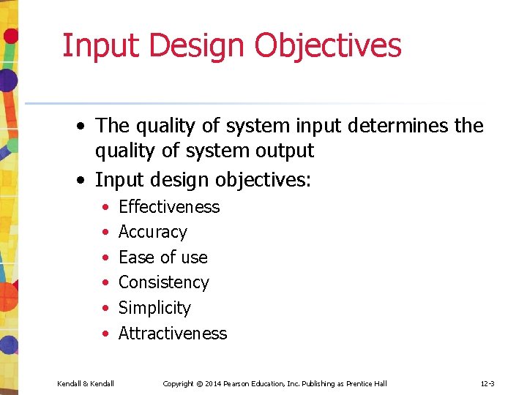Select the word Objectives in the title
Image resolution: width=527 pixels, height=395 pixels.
click(328, 45)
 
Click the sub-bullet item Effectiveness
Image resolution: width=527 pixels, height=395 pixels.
click(169, 207)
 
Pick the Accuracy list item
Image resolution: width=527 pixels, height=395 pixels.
click(153, 232)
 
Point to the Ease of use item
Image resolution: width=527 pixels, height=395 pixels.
click(163, 257)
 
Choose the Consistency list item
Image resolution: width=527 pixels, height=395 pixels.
click(164, 282)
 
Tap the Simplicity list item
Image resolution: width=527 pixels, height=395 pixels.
click(154, 308)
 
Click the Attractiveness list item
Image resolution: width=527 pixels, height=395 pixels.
click(173, 334)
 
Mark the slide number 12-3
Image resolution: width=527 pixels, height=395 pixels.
click(488, 384)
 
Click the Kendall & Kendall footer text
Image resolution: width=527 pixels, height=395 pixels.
click(86, 384)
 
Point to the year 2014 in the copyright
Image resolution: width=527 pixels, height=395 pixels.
click(214, 384)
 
